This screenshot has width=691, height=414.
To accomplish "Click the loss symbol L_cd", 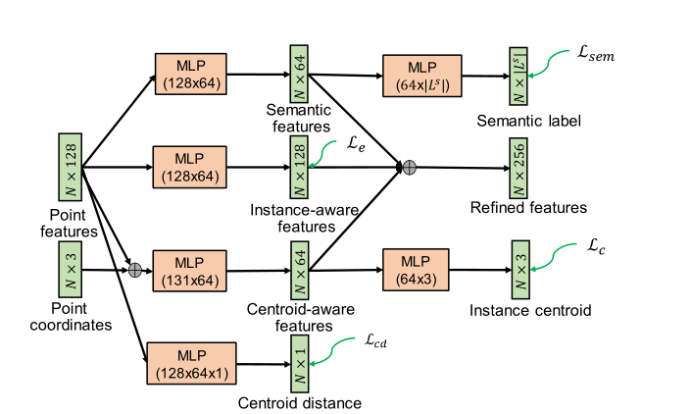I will (369, 340).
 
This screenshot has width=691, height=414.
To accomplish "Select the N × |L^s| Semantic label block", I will (518, 75).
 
